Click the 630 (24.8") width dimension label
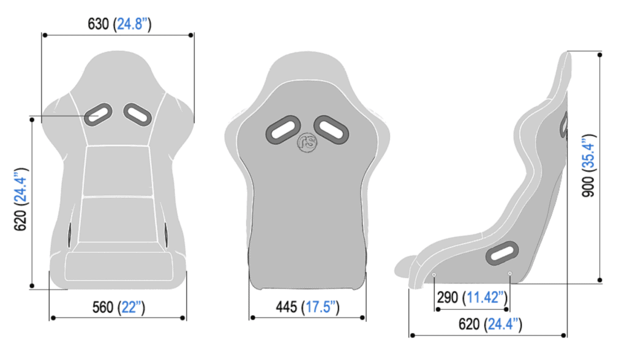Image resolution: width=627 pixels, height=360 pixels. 120,24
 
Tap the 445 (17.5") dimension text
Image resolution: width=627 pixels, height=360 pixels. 307,307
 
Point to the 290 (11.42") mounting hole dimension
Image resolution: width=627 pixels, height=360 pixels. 471,298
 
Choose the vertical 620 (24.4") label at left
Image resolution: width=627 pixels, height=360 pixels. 20,199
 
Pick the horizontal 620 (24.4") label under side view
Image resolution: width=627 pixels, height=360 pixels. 490,324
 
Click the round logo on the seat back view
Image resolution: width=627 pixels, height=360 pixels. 306,142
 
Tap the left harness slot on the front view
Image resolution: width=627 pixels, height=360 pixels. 97,114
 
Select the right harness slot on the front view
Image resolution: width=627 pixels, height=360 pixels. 138,114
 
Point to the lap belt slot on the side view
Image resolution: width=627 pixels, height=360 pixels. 502,252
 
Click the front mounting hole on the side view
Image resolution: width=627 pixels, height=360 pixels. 434,275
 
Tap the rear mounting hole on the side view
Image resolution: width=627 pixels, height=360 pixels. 509,274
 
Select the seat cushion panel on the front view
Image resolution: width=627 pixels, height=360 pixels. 116,267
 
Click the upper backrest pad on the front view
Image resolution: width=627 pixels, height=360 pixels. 117,171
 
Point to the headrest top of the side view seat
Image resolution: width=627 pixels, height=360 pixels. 566,56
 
